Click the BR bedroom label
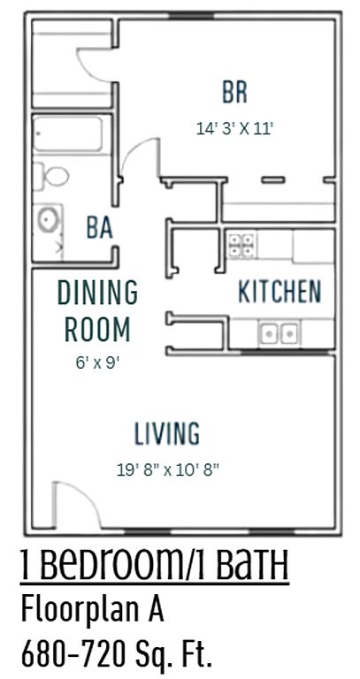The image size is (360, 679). click(x=234, y=92)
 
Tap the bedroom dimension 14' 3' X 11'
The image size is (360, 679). click(x=234, y=128)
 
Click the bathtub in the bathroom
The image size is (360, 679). click(x=68, y=134)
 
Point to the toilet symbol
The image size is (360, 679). click(x=51, y=176)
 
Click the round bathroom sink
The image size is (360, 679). click(x=46, y=219)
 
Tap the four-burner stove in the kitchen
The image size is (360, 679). click(x=241, y=245)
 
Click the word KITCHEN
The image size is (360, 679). click(x=280, y=292)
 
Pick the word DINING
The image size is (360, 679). click(x=98, y=293)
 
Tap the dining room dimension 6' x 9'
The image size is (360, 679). click(x=97, y=362)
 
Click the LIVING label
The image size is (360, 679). click(x=167, y=433)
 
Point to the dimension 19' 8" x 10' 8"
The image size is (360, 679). click(x=168, y=469)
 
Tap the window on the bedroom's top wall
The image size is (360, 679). click(x=191, y=16)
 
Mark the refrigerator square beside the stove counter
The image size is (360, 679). click(x=313, y=246)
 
